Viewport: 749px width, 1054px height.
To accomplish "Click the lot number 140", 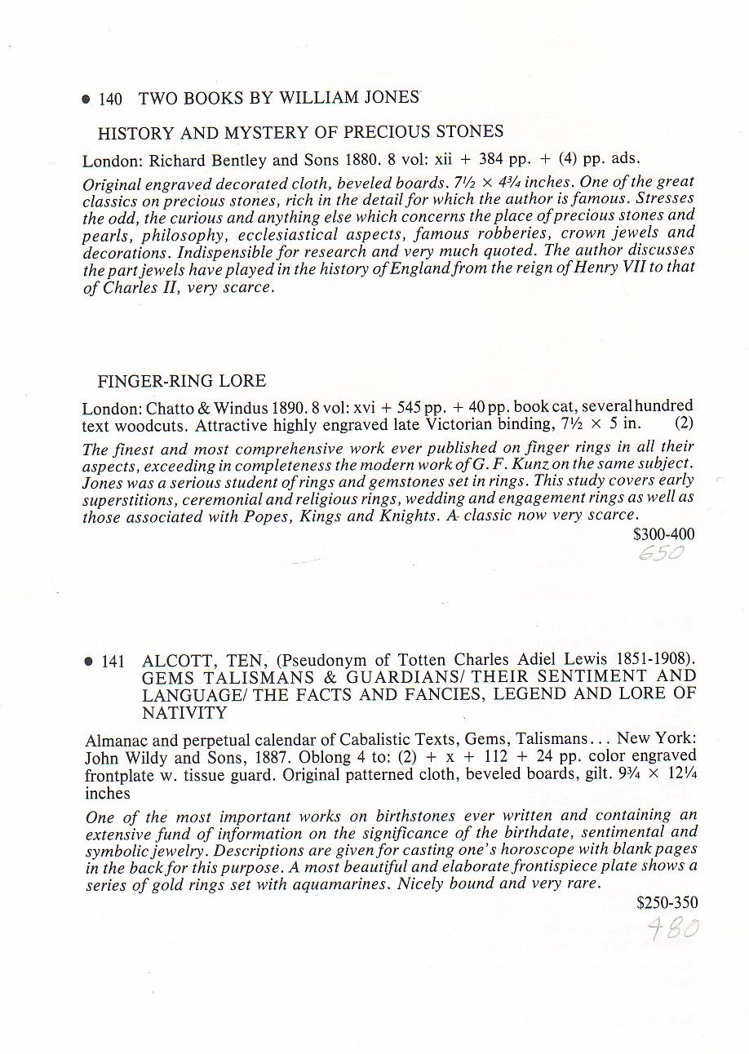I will tap(110, 100).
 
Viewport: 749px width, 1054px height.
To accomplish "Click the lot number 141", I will tap(113, 662).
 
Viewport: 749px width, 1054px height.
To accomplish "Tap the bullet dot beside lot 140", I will tap(86, 100).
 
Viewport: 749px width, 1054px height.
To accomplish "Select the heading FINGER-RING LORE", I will tap(181, 381).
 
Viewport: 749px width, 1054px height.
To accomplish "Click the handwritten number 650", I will tap(662, 554).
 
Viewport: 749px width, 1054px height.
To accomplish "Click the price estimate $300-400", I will tap(664, 534).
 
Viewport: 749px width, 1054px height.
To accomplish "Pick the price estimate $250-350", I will tap(667, 903).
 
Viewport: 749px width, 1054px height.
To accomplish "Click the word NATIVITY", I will tap(184, 712).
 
